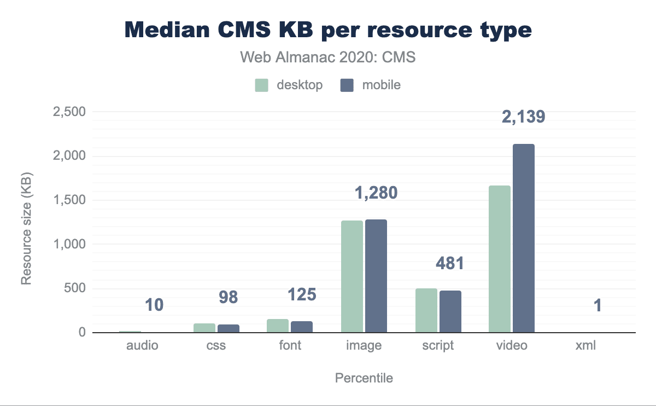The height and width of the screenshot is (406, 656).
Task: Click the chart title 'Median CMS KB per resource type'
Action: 328,30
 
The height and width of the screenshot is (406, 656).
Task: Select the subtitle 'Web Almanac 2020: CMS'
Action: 328,57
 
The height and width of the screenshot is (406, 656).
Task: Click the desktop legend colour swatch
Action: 261,85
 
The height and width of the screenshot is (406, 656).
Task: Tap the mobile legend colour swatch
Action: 347,85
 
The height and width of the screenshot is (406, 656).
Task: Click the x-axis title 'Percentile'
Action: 364,378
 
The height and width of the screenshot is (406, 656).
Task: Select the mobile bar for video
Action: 524,238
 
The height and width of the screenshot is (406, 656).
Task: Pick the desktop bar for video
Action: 500,259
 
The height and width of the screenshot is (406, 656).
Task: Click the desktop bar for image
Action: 352,276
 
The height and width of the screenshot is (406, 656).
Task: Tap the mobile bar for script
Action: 450,311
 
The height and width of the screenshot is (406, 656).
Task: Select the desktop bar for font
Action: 278,326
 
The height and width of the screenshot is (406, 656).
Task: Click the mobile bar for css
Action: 229,328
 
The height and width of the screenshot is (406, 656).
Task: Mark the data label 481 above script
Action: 449,264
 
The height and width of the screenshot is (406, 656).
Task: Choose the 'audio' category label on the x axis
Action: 142,346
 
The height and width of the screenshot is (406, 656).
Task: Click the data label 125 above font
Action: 302,295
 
